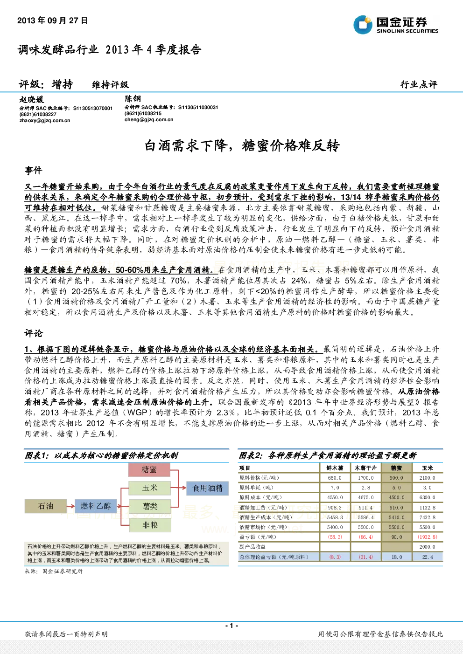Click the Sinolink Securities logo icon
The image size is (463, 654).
[x=363, y=25]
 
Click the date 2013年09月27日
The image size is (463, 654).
[x=52, y=21]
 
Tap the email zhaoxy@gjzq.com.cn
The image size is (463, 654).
[x=45, y=121]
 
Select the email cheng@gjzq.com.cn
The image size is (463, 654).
[x=149, y=119]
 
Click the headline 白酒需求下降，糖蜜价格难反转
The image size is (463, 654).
[x=242, y=145]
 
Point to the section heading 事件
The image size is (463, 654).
[x=33, y=170]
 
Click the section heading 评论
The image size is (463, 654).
[x=33, y=333]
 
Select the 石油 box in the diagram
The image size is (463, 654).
[x=46, y=506]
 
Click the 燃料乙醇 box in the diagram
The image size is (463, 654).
[x=96, y=506]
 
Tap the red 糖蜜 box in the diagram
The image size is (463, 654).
[x=149, y=469]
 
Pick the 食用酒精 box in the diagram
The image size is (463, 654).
[x=208, y=488]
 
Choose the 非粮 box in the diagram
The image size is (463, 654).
[x=150, y=525]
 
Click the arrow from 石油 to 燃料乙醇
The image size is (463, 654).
[x=71, y=506]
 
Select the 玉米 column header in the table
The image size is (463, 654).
[x=428, y=468]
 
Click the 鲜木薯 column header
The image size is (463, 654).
[x=335, y=468]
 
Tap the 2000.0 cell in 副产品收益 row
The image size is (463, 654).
[x=428, y=547]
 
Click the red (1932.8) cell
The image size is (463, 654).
[x=428, y=537]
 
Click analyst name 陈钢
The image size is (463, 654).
[x=133, y=98]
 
